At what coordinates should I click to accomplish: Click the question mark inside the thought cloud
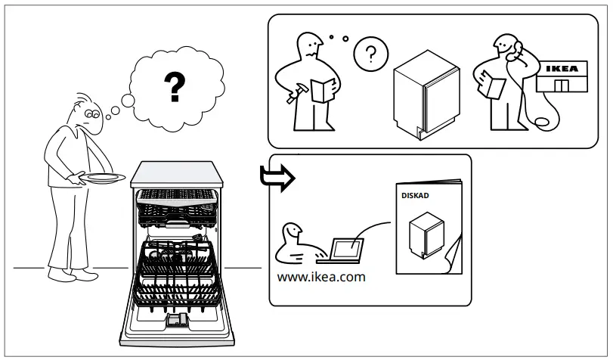click(175, 88)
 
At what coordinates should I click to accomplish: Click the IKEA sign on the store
click(562, 69)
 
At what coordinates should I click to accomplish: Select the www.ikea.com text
click(321, 277)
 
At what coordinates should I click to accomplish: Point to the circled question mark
click(370, 54)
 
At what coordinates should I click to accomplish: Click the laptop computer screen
click(347, 247)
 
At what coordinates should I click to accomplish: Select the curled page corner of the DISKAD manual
click(454, 253)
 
